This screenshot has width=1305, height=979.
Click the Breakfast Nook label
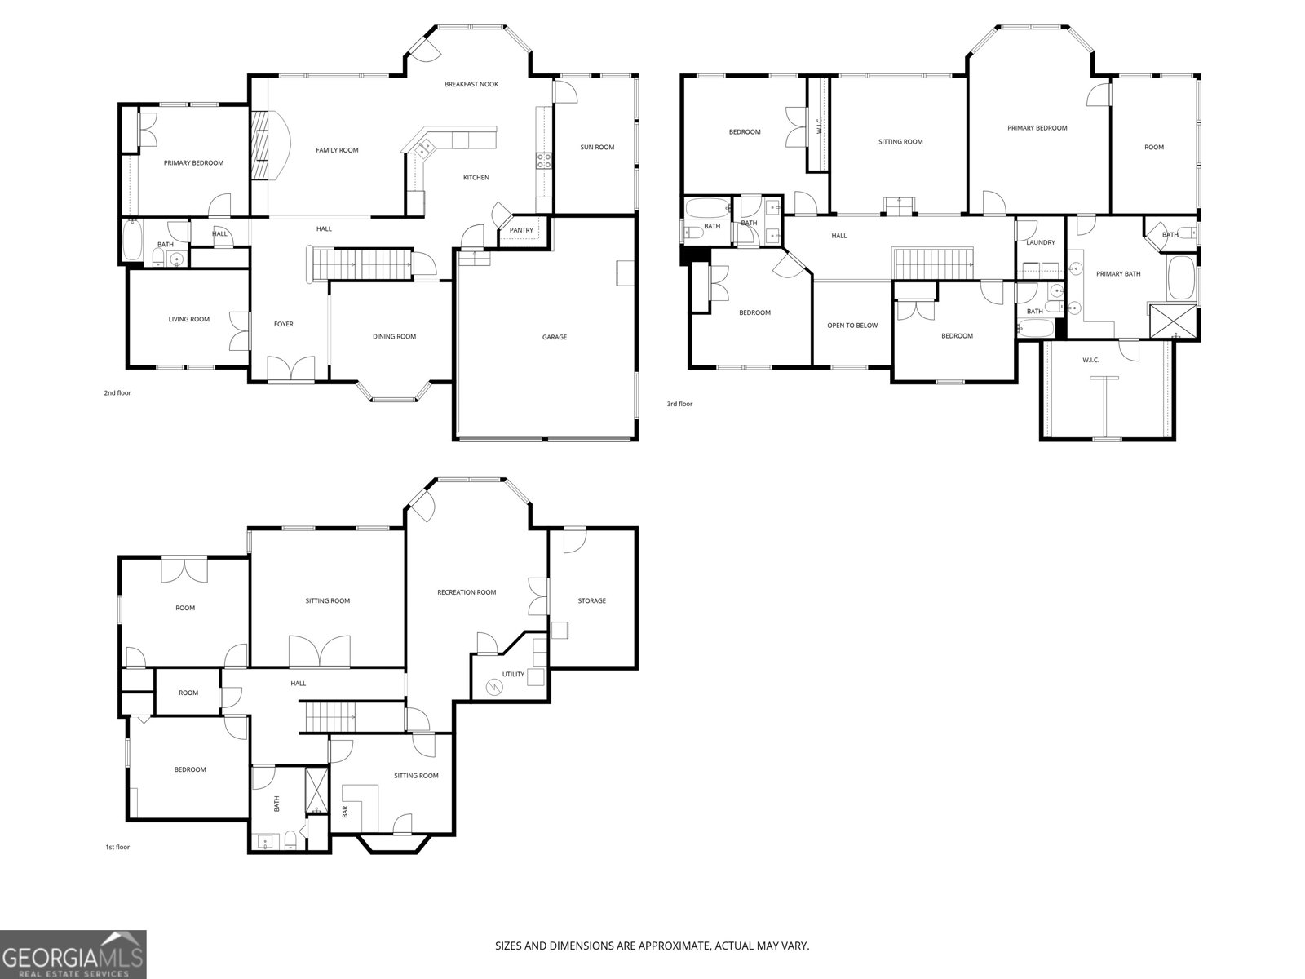[471, 84]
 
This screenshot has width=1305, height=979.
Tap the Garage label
[554, 337]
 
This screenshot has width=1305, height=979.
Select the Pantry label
[521, 230]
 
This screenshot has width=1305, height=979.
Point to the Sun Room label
[597, 148]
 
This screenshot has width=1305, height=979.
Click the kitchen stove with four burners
[544, 161]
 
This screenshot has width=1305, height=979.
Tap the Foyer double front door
[290, 369]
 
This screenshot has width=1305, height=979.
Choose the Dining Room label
[394, 336]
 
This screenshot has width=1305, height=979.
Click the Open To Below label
[852, 326]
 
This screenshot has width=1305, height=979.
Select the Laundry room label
[1041, 242]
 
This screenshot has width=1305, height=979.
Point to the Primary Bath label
[1118, 274]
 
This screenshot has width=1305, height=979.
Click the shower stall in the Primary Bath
[1172, 321]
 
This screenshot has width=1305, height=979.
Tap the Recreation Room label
[466, 592]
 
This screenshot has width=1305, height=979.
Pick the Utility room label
[513, 674]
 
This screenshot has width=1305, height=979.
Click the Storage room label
[591, 601]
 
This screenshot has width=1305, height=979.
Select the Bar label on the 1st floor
[345, 812]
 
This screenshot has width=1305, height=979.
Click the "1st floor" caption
[117, 847]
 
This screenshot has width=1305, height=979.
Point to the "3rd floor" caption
[679, 404]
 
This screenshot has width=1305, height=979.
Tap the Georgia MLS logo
[73, 954]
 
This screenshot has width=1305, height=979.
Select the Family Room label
[337, 150]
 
